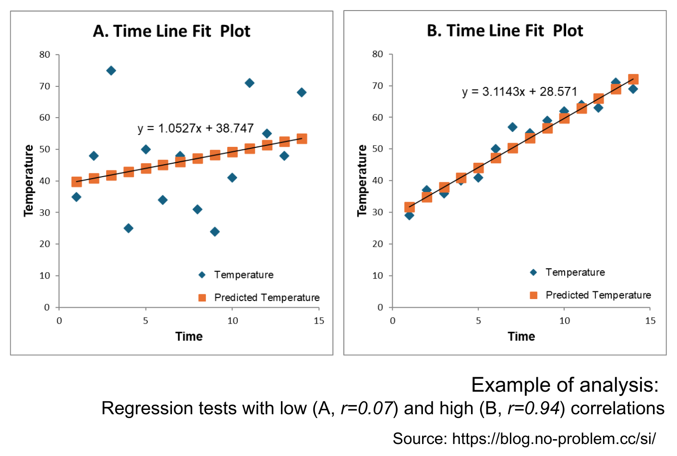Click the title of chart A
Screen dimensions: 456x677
pyautogui.click(x=171, y=31)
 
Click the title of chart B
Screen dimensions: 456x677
pyautogui.click(x=505, y=31)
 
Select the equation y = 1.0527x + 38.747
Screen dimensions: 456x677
pyautogui.click(x=195, y=128)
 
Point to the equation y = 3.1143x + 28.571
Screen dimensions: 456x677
pyautogui.click(x=520, y=92)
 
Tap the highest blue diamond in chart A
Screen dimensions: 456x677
pyautogui.click(x=111, y=71)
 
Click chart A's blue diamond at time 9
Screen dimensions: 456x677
pyautogui.click(x=215, y=232)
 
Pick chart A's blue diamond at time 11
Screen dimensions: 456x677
pyautogui.click(x=249, y=83)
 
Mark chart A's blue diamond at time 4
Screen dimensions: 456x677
pyautogui.click(x=128, y=228)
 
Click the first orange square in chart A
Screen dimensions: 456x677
pyautogui.click(x=76, y=181)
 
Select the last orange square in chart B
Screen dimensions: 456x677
pyautogui.click(x=633, y=79)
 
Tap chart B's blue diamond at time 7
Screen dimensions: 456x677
pyautogui.click(x=512, y=127)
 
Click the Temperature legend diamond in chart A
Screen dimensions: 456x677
pyautogui.click(x=202, y=275)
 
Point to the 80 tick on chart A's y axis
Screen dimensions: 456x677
pyautogui.click(x=45, y=55)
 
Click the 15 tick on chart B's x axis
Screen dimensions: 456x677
pyautogui.click(x=650, y=321)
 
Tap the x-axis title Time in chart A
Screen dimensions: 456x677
pyautogui.click(x=189, y=336)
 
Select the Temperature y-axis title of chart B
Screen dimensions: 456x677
pyautogui.click(x=362, y=180)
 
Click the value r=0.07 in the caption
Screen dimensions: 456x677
pyautogui.click(x=367, y=408)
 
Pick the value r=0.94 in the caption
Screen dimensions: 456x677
pyautogui.click(x=534, y=408)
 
